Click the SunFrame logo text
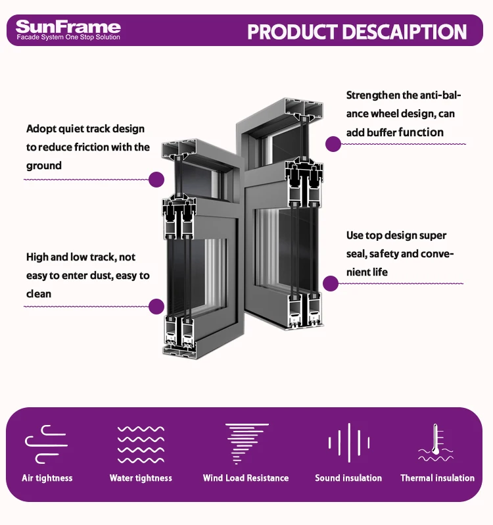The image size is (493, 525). pyautogui.click(x=68, y=26)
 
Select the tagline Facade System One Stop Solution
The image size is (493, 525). pyautogui.click(x=68, y=37)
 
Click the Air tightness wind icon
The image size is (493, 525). pyautogui.click(x=46, y=444)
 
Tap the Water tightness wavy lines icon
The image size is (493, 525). pyautogui.click(x=141, y=444)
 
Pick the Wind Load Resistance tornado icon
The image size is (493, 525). pyautogui.click(x=246, y=444)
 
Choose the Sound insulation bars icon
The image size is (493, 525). pyautogui.click(x=348, y=443)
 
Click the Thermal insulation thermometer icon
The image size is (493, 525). pyautogui.click(x=436, y=443)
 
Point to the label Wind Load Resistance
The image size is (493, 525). pyautogui.click(x=246, y=478)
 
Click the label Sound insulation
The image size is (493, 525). pyautogui.click(x=348, y=478)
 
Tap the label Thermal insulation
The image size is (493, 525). pyautogui.click(x=437, y=478)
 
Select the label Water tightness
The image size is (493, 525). pyautogui.click(x=141, y=478)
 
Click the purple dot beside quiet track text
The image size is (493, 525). pyautogui.click(x=156, y=179)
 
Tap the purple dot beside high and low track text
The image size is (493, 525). pyautogui.click(x=156, y=306)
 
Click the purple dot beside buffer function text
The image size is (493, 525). pyautogui.click(x=333, y=144)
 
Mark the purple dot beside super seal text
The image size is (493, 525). pyautogui.click(x=331, y=284)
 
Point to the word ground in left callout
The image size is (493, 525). pyautogui.click(x=44, y=166)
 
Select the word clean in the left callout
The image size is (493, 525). pyautogui.click(x=39, y=293)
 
